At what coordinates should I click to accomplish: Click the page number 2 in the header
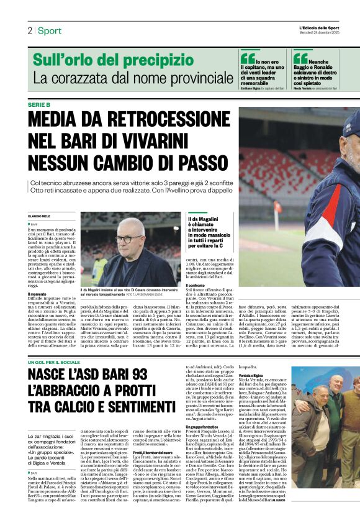(29, 30)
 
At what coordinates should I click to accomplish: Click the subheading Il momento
(37, 294)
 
